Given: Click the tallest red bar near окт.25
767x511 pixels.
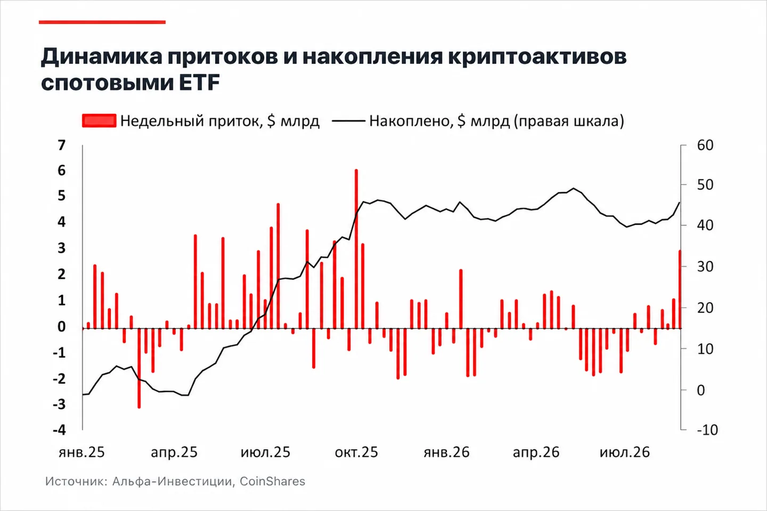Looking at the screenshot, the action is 356,249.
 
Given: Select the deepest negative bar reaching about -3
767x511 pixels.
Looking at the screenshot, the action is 139,368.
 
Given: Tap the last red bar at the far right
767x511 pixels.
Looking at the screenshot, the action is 680,290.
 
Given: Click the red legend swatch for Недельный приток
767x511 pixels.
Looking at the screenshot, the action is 99,121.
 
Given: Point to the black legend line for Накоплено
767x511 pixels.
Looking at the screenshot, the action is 348,121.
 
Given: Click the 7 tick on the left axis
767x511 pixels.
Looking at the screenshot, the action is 62,145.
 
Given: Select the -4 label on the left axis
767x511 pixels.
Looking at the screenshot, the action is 59,430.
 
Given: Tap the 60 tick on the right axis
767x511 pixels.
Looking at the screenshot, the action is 705,145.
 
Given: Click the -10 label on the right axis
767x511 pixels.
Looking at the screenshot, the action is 707,430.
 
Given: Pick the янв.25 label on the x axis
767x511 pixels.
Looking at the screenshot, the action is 81,452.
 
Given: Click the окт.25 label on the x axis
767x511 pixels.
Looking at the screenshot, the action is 356,452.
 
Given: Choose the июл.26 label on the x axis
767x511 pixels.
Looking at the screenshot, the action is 625,452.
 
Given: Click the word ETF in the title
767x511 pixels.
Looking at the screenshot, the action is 199,83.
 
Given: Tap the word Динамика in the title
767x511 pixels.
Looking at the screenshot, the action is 102,57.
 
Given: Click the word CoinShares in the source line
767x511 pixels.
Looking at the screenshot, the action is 272,481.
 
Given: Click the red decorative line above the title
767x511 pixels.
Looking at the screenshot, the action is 102,22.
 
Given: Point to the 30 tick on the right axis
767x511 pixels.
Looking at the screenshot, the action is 705,267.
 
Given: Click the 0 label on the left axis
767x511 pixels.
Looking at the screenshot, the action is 62,327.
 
